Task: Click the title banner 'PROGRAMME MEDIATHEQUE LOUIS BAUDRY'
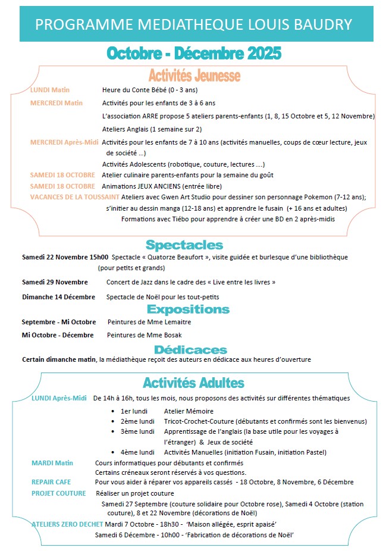pyautogui.click(x=193, y=24)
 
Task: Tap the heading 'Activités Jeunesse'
pyautogui.click(x=194, y=76)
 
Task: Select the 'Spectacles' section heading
pyautogui.click(x=184, y=245)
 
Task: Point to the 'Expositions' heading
pyautogui.click(x=188, y=309)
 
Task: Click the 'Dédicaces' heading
pyautogui.click(x=190, y=349)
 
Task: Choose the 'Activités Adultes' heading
pyautogui.click(x=193, y=382)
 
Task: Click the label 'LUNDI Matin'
pyautogui.click(x=50, y=90)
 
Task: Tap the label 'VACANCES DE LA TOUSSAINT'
pyautogui.click(x=74, y=196)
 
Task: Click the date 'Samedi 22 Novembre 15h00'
pyautogui.click(x=65, y=258)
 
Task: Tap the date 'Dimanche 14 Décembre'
pyautogui.click(x=58, y=296)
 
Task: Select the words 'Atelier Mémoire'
pyautogui.click(x=189, y=411)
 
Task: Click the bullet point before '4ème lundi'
pyautogui.click(x=114, y=452)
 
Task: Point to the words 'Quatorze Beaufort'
pyautogui.click(x=177, y=258)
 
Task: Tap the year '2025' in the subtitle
pyautogui.click(x=259, y=53)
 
